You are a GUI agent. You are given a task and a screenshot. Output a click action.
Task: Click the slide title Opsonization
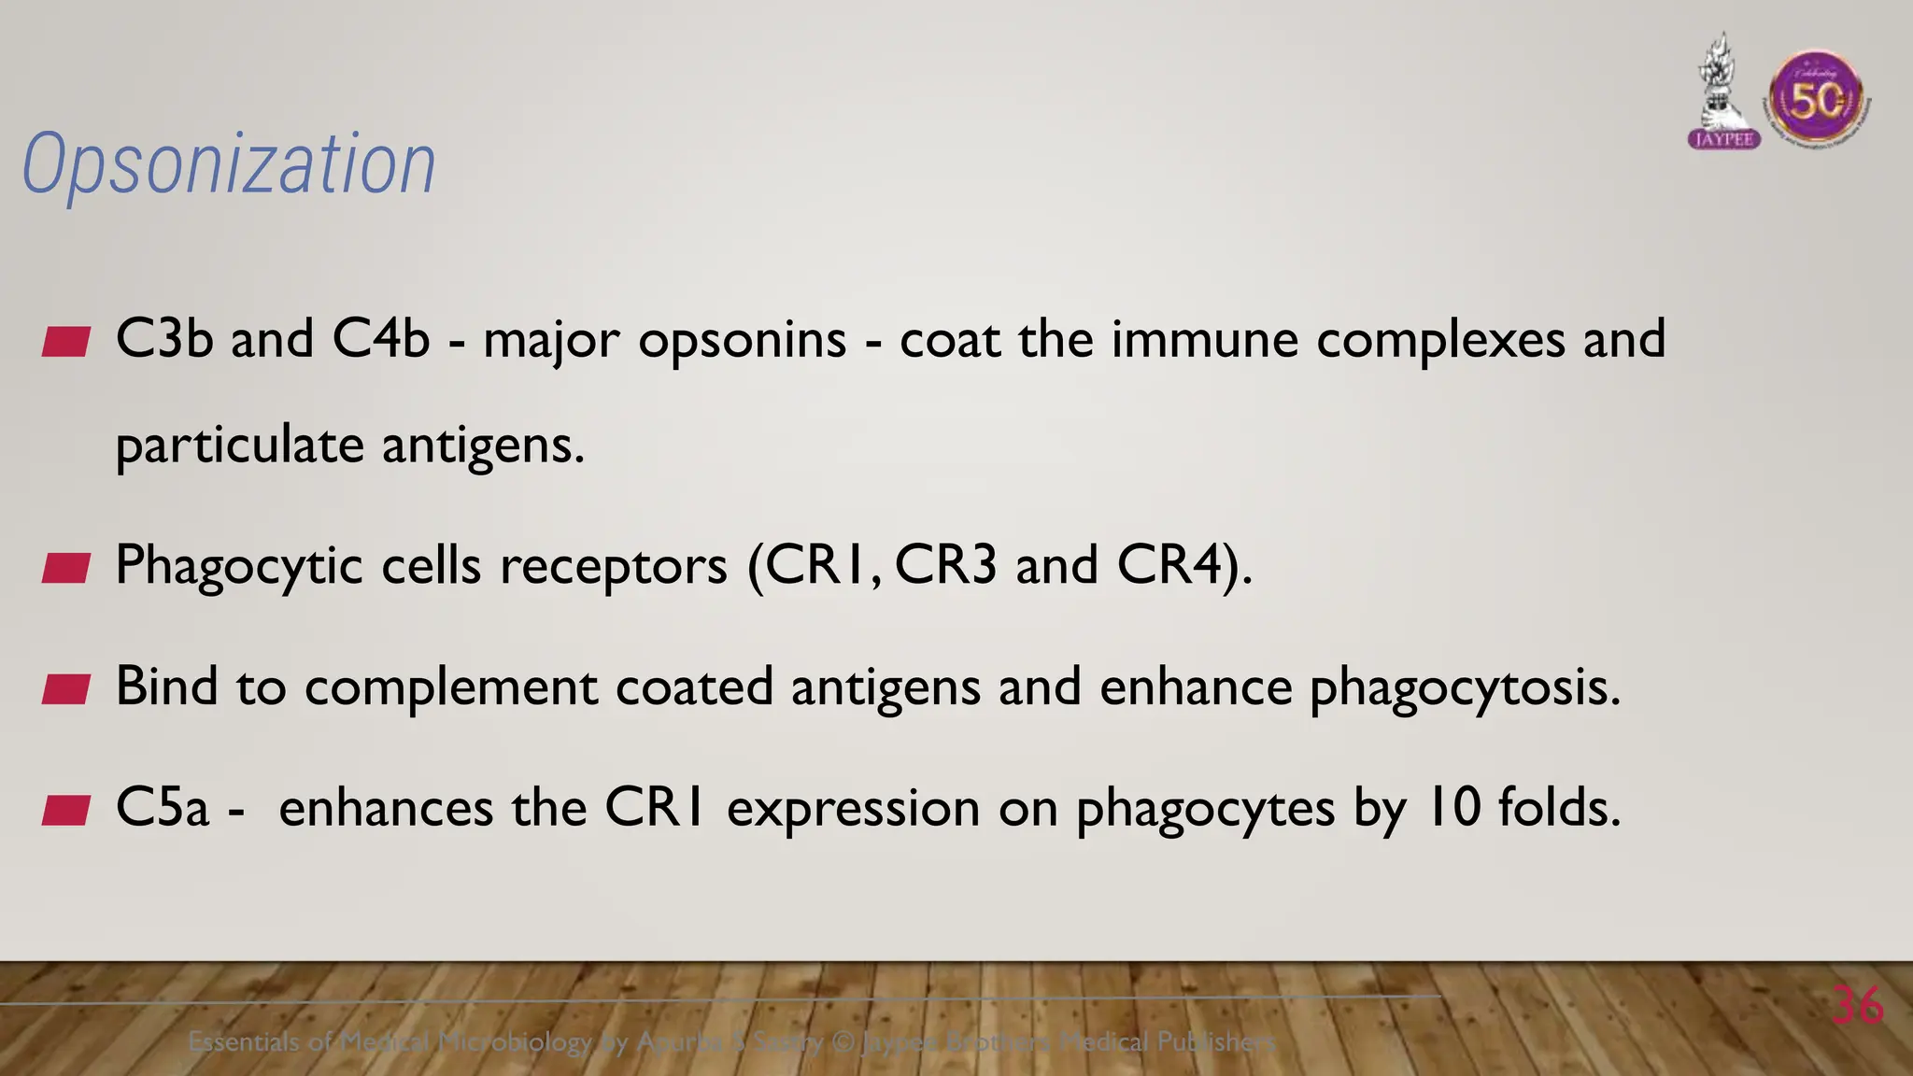click(x=229, y=164)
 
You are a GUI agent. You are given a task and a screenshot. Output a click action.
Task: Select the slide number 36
click(x=1857, y=1006)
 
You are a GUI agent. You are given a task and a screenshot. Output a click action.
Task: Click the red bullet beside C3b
click(x=66, y=342)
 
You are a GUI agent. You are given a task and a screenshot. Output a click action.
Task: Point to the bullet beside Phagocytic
click(x=66, y=568)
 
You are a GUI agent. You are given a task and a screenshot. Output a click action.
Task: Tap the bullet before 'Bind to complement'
click(x=66, y=689)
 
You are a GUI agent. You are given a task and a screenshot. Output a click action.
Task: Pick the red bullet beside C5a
click(x=66, y=810)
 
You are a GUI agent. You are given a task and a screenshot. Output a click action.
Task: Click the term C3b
click(x=164, y=338)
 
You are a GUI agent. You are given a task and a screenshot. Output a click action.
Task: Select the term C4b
click(x=380, y=338)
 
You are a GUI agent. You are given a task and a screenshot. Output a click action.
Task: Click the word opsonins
click(x=743, y=340)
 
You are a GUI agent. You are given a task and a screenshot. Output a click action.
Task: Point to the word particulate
click(x=239, y=446)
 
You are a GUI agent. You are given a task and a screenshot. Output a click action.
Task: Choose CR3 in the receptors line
click(x=945, y=564)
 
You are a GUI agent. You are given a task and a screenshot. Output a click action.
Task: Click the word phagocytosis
click(x=1465, y=688)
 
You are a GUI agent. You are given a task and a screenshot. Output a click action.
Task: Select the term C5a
click(x=163, y=807)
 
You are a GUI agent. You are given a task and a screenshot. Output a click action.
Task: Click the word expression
click(x=853, y=809)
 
